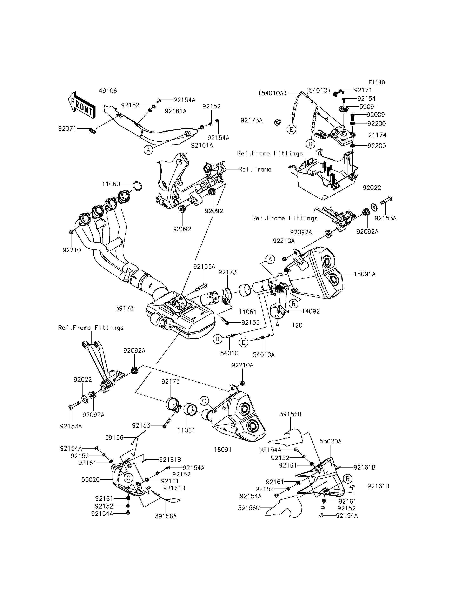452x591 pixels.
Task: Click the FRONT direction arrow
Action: pyautogui.click(x=81, y=105)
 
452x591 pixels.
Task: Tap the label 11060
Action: pyautogui.click(x=111, y=184)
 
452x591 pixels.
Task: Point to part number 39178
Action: pyautogui.click(x=125, y=308)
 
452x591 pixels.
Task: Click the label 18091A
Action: pyautogui.click(x=365, y=274)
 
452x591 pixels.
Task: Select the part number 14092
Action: pyautogui.click(x=311, y=311)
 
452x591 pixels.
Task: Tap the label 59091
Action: pyautogui.click(x=368, y=107)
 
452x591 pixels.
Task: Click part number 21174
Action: pyautogui.click(x=377, y=135)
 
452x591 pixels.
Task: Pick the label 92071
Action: pyautogui.click(x=67, y=129)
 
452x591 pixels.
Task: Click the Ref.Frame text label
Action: pyautogui.click(x=255, y=169)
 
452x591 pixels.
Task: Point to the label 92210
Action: pyautogui.click(x=72, y=250)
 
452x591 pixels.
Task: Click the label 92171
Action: pyautogui.click(x=363, y=90)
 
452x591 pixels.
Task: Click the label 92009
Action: pyautogui.click(x=376, y=115)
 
